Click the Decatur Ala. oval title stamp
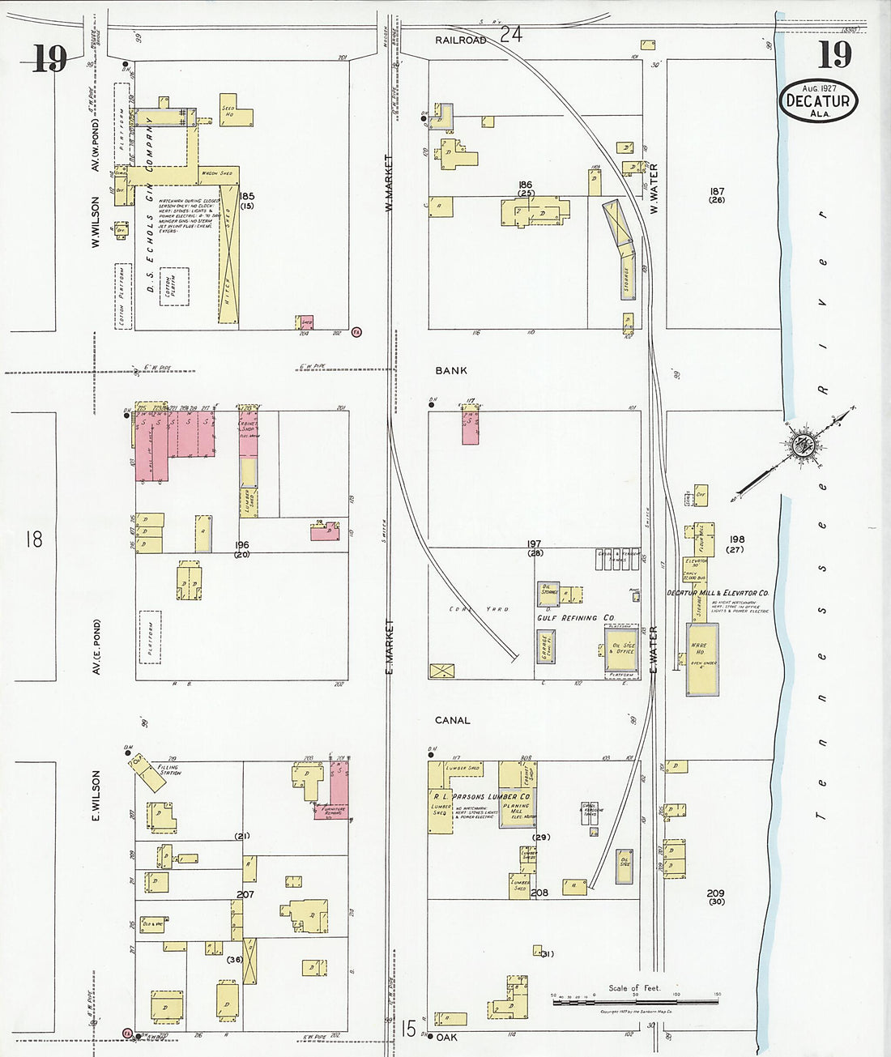818,100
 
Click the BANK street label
451,370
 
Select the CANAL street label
452,720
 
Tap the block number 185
246,196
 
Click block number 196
242,545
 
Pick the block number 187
717,192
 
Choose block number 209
715,893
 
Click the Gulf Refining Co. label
575,618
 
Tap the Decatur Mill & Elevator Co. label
718,593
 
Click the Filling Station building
150,775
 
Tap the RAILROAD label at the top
460,40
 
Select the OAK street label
446,1037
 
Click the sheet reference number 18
33,539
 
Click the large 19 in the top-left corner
49,58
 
